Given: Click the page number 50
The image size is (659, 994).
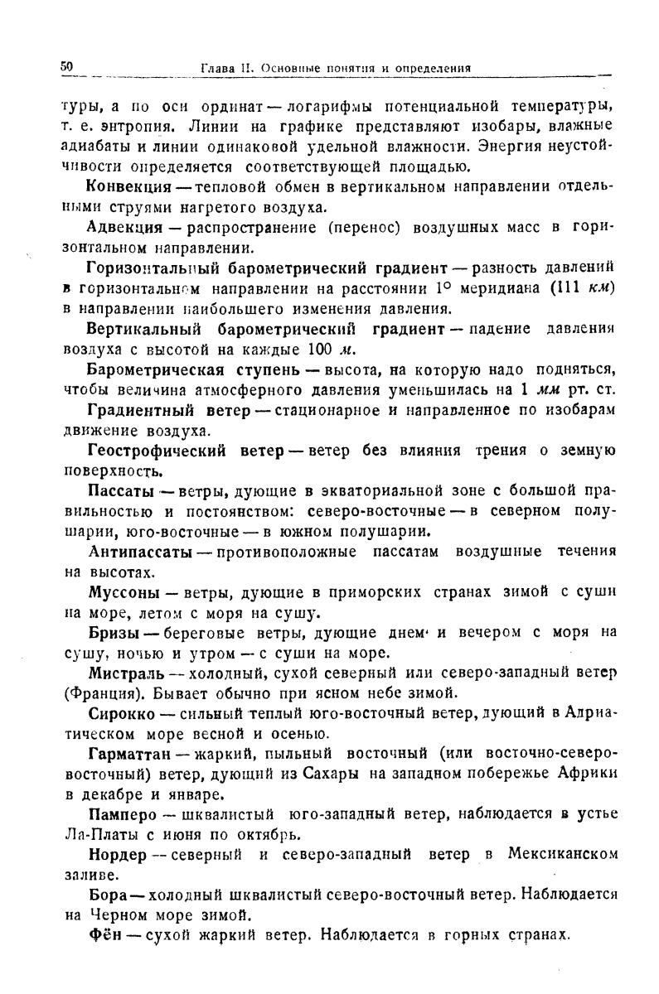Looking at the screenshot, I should tap(67, 65).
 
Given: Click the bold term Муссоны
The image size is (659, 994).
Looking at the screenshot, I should tap(123, 592).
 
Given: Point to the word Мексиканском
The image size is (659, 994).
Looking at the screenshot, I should tap(562, 854).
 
